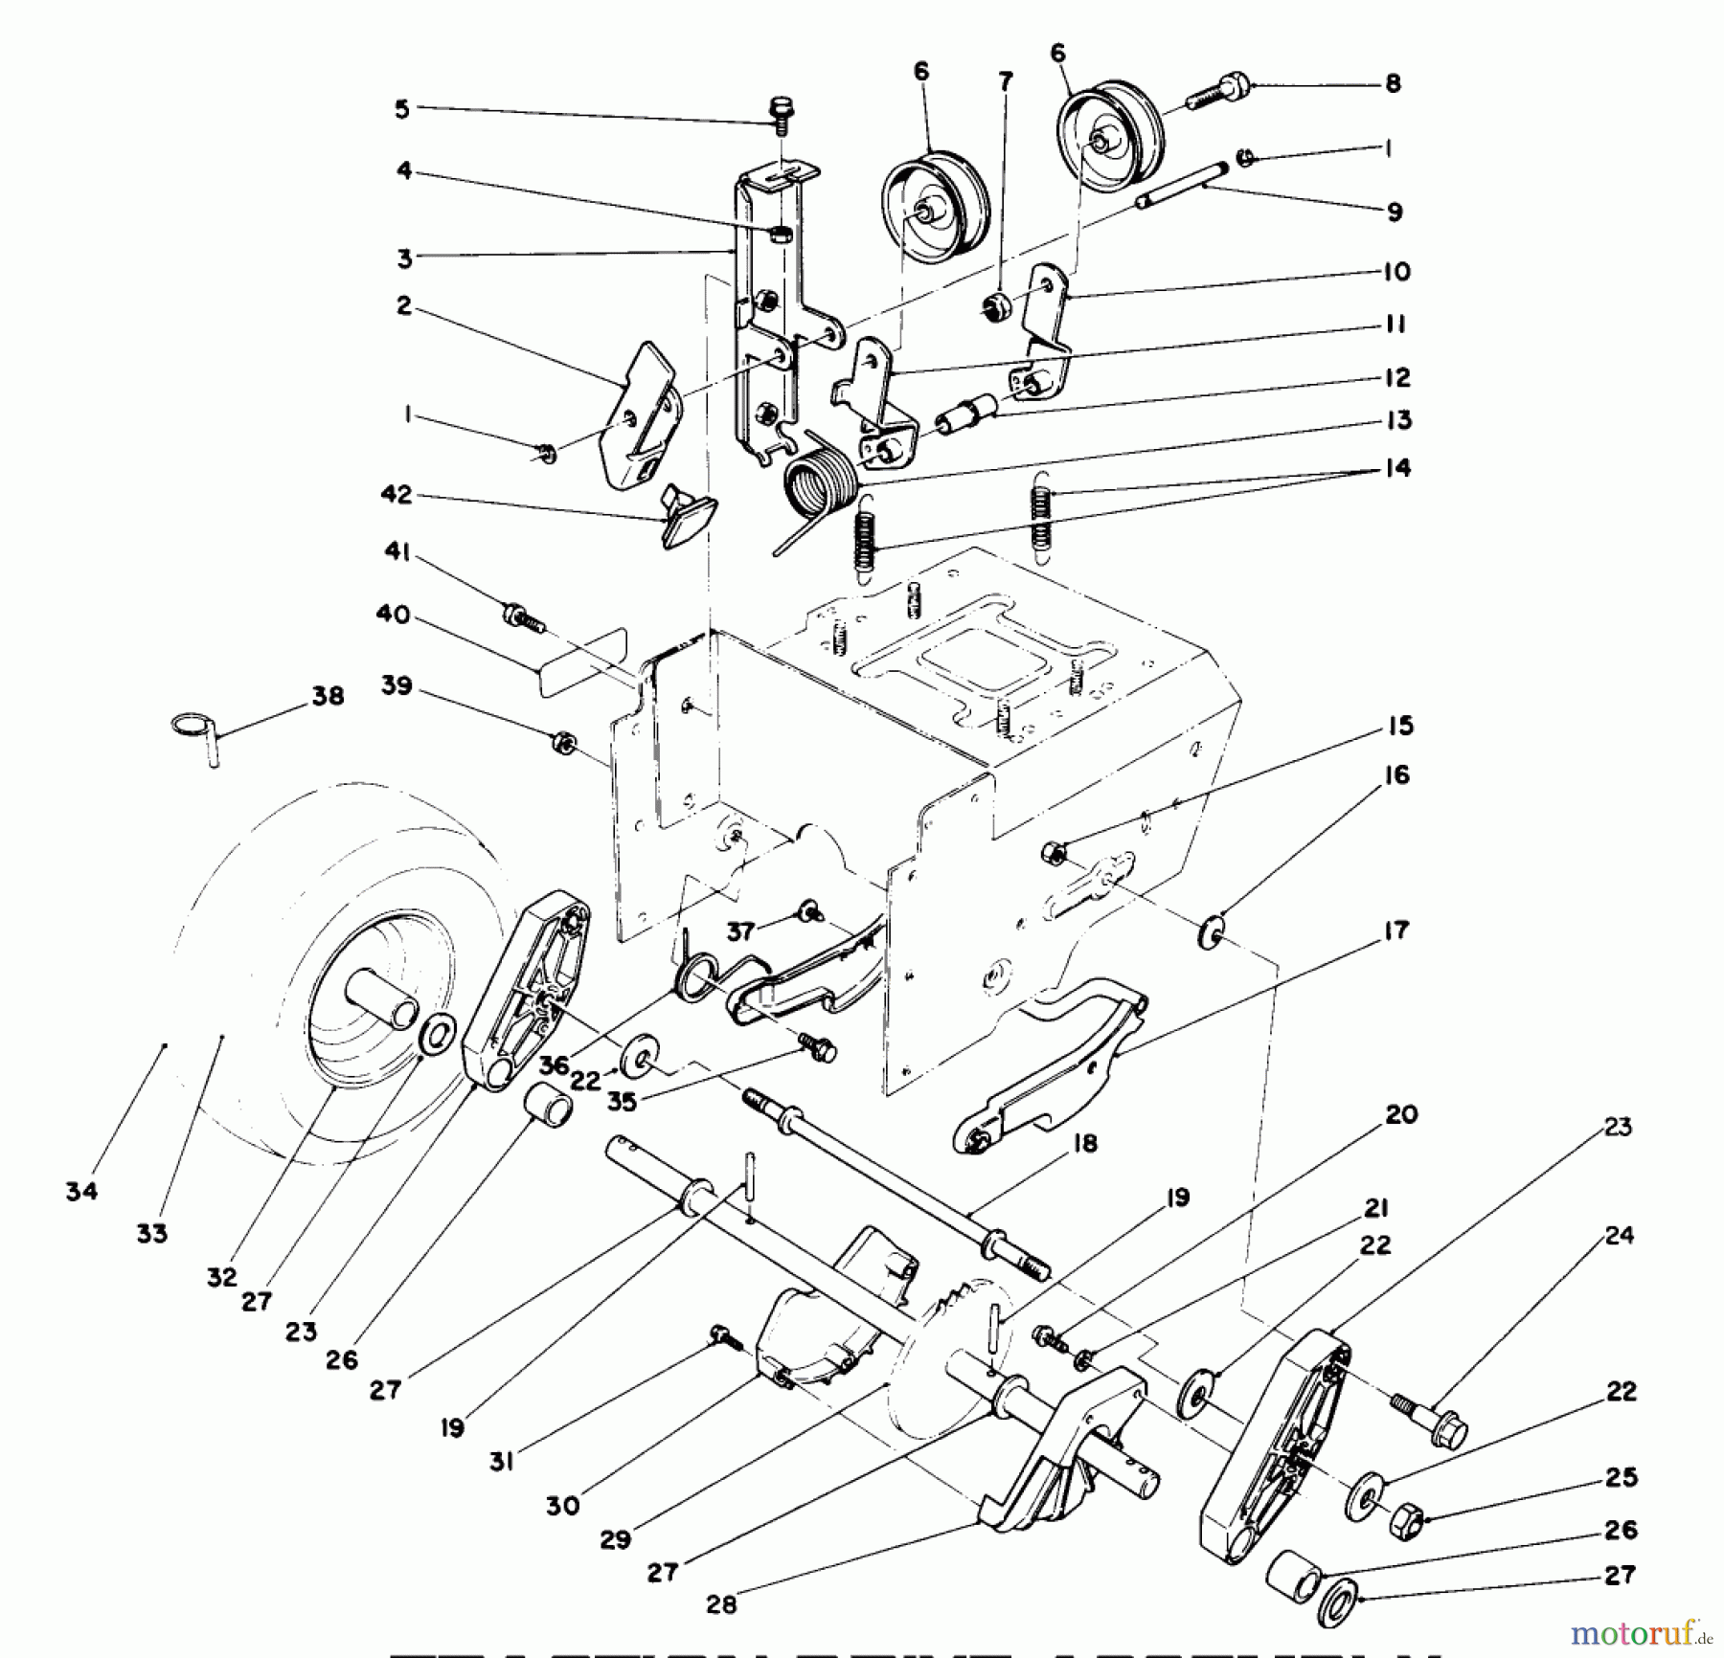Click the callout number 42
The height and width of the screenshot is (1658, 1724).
396,495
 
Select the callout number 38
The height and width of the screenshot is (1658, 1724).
328,696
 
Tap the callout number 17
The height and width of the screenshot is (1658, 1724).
1396,930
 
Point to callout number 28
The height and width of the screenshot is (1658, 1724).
721,1604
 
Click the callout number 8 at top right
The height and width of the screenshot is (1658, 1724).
1393,83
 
